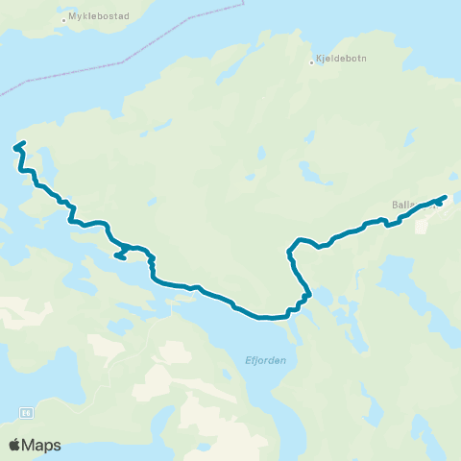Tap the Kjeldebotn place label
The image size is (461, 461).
(340, 60)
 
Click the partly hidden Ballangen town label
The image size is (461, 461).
(409, 204)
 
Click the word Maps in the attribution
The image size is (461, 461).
(42, 445)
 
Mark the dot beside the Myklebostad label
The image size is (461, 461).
(63, 18)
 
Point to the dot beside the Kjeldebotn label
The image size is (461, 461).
(312, 62)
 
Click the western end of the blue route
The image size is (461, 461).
(14, 148)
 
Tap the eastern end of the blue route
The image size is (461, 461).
(445, 198)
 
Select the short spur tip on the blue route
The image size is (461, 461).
(116, 256)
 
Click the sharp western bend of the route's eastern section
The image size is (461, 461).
(288, 254)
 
